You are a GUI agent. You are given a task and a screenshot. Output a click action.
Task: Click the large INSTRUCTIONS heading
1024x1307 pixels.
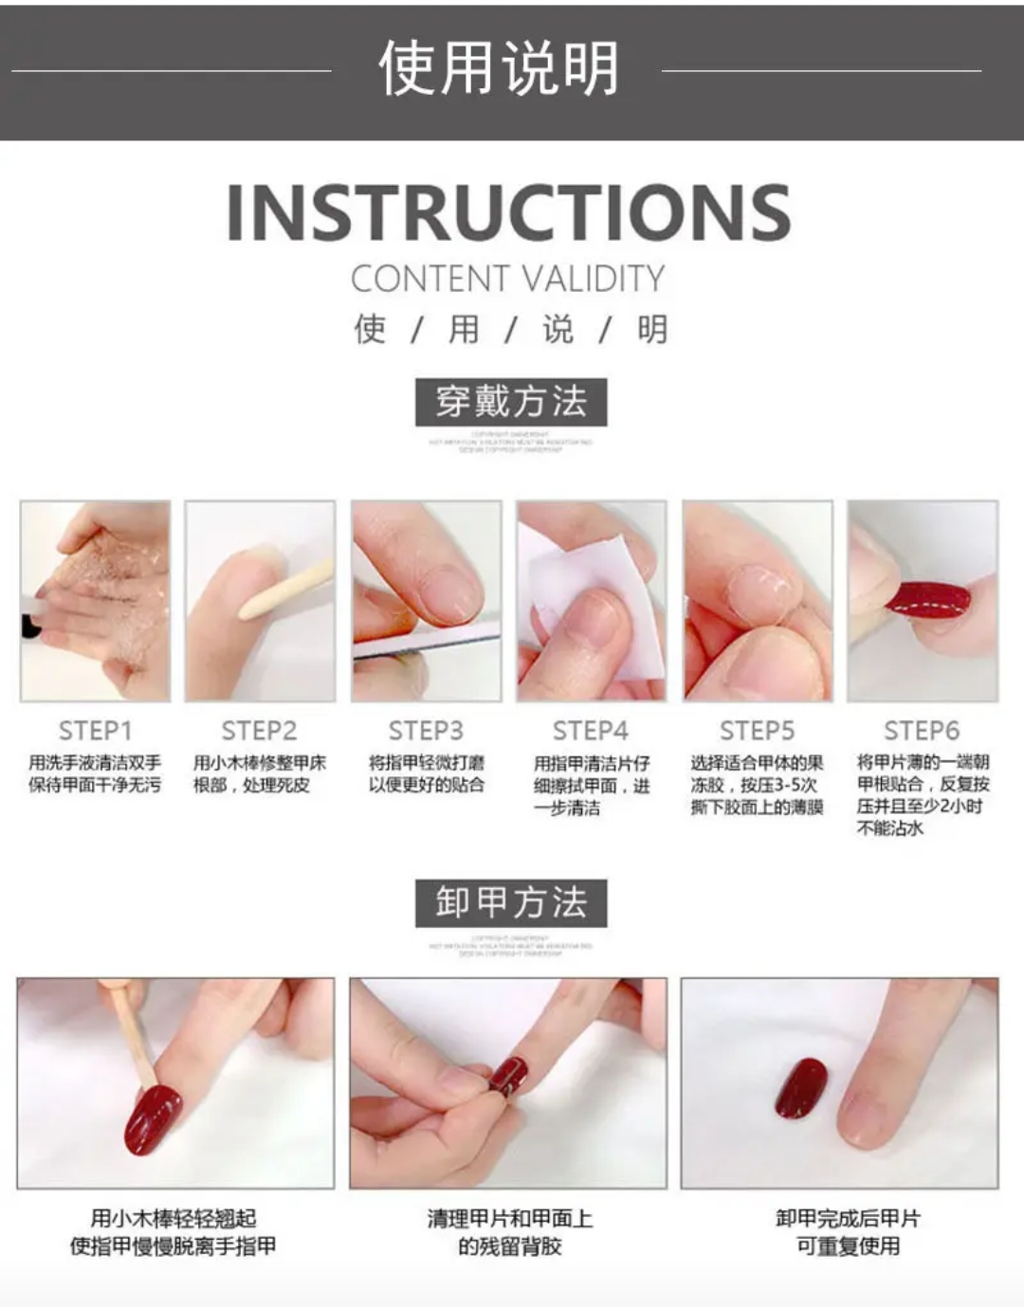(x=509, y=211)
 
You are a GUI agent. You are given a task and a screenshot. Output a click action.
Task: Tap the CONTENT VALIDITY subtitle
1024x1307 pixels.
(x=508, y=280)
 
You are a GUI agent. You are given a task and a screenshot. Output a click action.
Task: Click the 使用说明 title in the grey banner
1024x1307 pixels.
(x=499, y=69)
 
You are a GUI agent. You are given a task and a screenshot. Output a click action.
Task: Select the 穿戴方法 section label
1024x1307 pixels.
(x=511, y=402)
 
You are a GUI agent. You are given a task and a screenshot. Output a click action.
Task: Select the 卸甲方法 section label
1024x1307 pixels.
(x=511, y=902)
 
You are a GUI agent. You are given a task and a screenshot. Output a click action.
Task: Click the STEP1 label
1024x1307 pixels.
(x=95, y=731)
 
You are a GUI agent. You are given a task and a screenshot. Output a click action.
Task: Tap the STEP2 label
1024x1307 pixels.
(x=259, y=731)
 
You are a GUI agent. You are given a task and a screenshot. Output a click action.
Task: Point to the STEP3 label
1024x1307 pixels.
(x=426, y=731)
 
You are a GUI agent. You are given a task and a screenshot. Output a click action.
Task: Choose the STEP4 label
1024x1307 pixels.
(x=591, y=731)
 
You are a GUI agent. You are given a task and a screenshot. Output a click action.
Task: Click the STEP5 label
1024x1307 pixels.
(x=757, y=731)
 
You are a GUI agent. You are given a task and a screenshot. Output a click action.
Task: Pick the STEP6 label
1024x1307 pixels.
(x=922, y=731)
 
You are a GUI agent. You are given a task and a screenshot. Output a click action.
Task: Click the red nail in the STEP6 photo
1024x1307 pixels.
(x=929, y=600)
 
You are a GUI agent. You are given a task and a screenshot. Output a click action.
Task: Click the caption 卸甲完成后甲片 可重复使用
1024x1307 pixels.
(x=848, y=1232)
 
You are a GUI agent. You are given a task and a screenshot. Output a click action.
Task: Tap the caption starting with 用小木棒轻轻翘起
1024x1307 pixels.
(x=174, y=1232)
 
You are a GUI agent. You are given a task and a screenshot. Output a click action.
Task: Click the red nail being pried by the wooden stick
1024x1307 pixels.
(x=153, y=1119)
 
